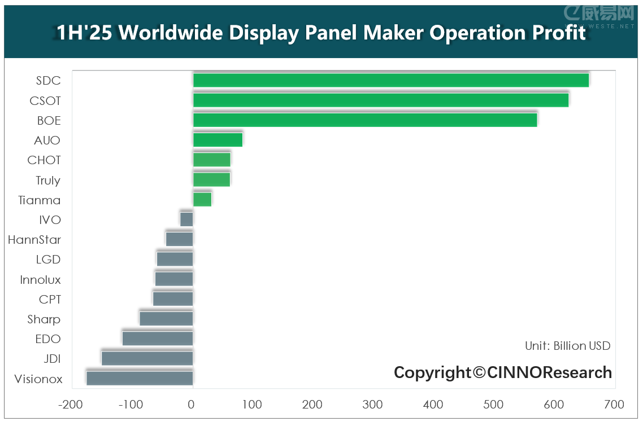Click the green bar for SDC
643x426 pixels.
(391, 80)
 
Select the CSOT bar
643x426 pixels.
(381, 100)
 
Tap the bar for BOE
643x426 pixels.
(365, 120)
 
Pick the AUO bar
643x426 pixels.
(218, 140)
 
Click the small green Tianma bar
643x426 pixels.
(202, 200)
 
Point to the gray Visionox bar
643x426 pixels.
(140, 378)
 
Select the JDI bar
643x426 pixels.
(147, 358)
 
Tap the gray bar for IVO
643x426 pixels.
(186, 219)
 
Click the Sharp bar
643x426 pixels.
(166, 319)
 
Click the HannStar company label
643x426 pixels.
(34, 240)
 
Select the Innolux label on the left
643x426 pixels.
(40, 280)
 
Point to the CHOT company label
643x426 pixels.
(44, 160)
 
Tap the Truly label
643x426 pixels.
(48, 181)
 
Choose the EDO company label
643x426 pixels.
(48, 339)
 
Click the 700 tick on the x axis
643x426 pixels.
(614, 405)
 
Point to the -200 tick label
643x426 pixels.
(70, 405)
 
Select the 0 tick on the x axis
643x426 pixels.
(192, 405)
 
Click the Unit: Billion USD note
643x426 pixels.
(568, 346)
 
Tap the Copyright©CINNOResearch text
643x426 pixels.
(503, 372)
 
